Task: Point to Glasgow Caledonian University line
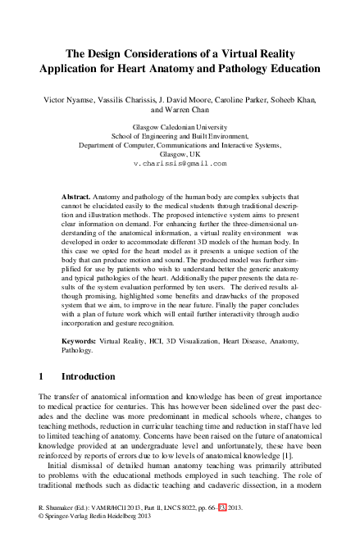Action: (x=179, y=128)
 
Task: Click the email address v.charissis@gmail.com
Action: (x=179, y=164)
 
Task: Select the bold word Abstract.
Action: (x=77, y=198)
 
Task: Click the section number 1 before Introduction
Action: (x=42, y=376)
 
